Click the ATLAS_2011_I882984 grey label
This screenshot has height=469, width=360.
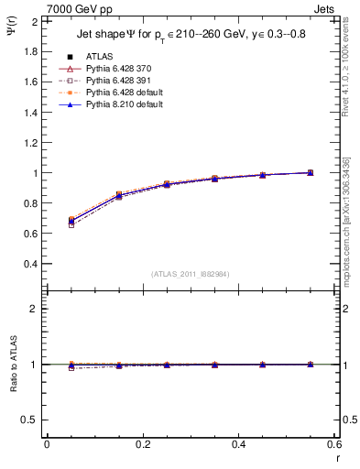click(191, 274)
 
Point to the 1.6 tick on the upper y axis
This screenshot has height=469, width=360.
click(30, 82)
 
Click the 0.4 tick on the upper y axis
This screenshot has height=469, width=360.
click(30, 264)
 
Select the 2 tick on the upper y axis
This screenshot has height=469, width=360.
click(36, 21)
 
